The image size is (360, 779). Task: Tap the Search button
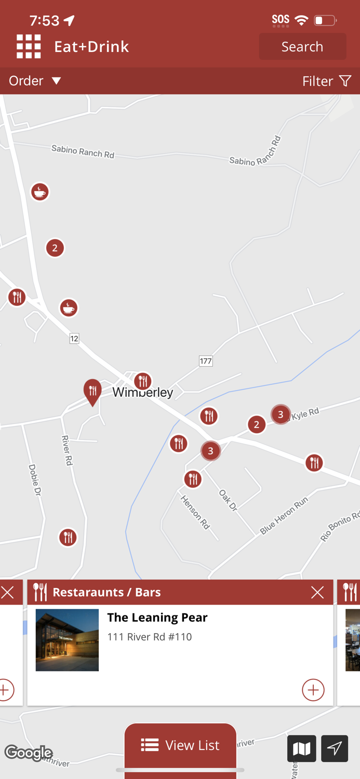click(302, 47)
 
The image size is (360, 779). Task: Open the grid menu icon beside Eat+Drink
click(29, 47)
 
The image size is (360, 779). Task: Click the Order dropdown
click(35, 81)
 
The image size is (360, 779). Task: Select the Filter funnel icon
click(345, 81)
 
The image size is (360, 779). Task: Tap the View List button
click(180, 745)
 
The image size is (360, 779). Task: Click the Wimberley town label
click(143, 392)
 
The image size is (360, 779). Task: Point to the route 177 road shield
click(206, 361)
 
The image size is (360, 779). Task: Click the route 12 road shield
click(74, 339)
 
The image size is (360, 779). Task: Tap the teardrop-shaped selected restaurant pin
click(92, 391)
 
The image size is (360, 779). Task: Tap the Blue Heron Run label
click(284, 515)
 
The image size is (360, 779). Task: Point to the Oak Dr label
click(228, 500)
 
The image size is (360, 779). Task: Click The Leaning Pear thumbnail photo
click(67, 640)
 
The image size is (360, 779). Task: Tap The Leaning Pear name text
click(157, 617)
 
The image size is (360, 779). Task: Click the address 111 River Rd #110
click(150, 637)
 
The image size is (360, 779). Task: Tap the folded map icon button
click(301, 748)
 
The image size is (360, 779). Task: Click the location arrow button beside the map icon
click(335, 748)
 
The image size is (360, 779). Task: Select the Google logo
click(29, 753)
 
